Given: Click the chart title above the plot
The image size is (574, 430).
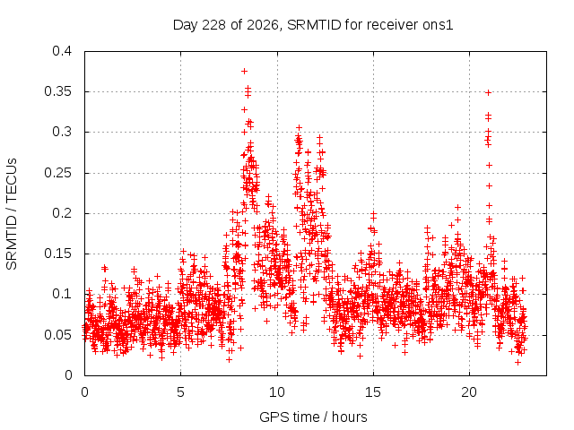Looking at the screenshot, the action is point(313,25).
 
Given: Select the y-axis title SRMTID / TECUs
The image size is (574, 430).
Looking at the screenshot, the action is point(12,214).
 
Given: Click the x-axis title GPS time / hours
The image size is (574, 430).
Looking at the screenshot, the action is point(313,417).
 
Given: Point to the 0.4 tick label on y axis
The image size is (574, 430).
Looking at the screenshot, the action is point(62,51).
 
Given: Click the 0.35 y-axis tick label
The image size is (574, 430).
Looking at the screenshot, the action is point(57,91).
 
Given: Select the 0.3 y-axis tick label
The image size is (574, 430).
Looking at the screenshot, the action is point(62,132).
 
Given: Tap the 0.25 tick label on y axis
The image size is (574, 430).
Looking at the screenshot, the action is point(57,173).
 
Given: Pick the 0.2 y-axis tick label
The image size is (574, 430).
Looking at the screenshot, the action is point(62,213).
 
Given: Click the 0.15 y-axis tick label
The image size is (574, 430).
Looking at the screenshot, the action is point(57,254).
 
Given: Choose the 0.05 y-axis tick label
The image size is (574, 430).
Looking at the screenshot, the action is point(57,334).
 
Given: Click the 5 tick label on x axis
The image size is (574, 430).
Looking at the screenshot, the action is point(180,392).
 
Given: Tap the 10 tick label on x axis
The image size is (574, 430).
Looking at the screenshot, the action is point(277,392).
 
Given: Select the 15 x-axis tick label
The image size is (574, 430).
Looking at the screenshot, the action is point(373,392).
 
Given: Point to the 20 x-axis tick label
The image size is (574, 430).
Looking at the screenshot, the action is point(469,392).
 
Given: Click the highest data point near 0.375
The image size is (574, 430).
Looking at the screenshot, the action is point(244,71).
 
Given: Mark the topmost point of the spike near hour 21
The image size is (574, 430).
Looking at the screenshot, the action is point(488,92).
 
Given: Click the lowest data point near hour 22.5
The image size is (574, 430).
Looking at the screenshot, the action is point(517,362).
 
